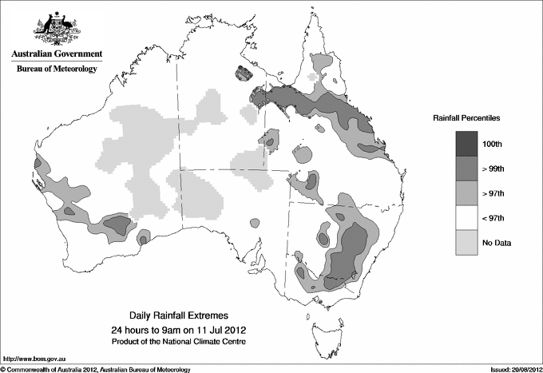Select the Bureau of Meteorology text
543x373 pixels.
[x=56, y=69]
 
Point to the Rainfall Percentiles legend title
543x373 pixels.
[x=466, y=117]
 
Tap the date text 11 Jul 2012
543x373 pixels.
[x=214, y=330]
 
